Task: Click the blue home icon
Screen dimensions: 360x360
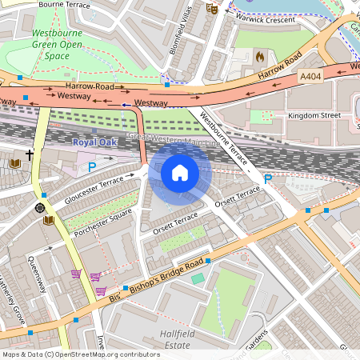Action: (180, 172)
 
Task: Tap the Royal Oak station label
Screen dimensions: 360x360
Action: (94, 142)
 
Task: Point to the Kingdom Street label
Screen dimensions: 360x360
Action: (313, 115)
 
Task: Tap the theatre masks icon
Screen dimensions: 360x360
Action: (212, 8)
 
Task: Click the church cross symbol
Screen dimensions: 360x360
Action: (30, 154)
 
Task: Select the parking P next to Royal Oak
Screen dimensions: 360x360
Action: (92, 166)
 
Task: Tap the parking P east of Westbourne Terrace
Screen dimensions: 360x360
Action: (268, 178)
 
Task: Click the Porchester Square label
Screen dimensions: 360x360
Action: (102, 222)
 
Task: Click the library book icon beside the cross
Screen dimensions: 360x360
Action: (14, 164)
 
